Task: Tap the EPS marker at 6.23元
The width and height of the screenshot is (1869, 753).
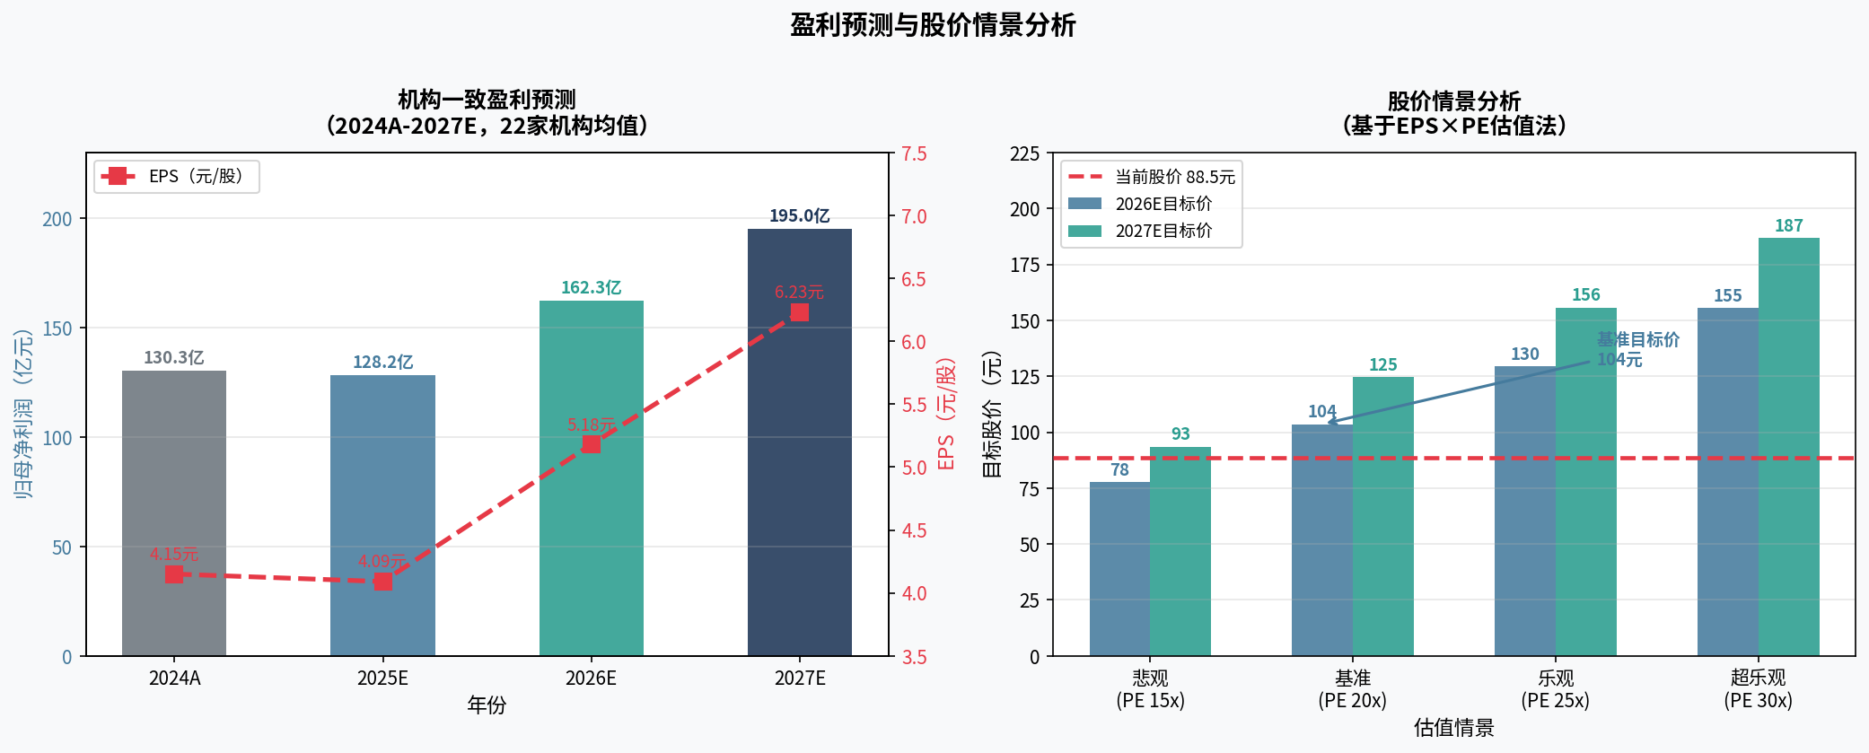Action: (x=799, y=312)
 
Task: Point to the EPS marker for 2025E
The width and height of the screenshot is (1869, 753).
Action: (x=383, y=582)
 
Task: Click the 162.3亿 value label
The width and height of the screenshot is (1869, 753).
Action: (x=591, y=288)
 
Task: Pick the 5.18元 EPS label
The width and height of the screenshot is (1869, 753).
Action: (x=591, y=425)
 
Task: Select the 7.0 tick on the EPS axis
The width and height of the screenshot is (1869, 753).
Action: (x=914, y=216)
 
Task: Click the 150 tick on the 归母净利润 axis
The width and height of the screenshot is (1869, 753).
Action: (x=57, y=328)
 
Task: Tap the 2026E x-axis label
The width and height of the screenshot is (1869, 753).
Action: (x=591, y=679)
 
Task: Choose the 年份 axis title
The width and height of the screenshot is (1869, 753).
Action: (x=487, y=705)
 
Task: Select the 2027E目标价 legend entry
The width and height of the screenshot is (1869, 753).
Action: (x=1141, y=231)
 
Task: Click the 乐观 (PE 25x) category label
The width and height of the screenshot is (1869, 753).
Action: (x=1555, y=689)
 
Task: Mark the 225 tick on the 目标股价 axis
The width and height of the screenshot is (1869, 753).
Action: (x=1025, y=154)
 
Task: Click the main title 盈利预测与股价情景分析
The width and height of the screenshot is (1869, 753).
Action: (x=933, y=25)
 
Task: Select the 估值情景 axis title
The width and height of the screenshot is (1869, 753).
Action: (x=1453, y=728)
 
